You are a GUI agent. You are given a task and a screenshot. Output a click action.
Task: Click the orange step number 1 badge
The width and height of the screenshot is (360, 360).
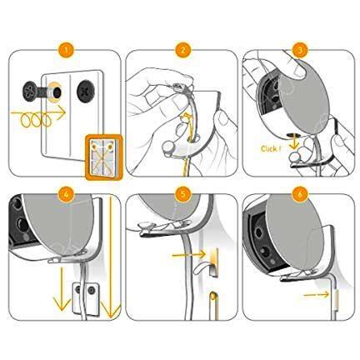tap(62, 49)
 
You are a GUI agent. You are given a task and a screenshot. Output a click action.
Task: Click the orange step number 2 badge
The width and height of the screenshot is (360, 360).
tap(181, 49)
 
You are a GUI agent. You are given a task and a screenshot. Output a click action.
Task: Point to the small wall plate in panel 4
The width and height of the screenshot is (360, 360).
tap(85, 293)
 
